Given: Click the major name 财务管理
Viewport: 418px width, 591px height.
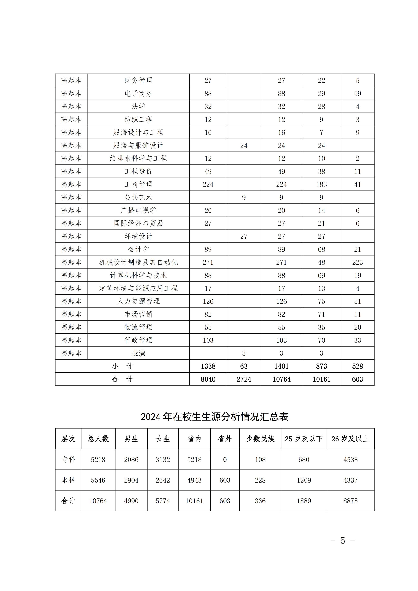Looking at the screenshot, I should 138,81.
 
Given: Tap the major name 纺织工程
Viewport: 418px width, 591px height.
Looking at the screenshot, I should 138,119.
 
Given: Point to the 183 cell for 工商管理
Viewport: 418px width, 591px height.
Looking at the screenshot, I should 321,184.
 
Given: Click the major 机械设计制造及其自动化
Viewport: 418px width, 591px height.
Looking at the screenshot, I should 138,262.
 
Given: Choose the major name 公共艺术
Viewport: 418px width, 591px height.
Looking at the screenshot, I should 138,197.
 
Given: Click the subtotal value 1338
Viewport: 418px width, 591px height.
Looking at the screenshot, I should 208,366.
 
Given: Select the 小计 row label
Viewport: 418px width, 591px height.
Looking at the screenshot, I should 122,366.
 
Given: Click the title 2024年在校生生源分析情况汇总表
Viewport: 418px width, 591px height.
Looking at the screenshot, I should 215,417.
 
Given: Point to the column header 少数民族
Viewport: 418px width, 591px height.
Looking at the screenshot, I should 260,439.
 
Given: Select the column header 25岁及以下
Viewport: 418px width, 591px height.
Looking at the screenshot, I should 304,439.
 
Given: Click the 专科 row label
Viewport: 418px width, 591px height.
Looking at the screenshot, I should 68,459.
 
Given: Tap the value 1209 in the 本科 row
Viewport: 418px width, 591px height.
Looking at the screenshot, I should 304,480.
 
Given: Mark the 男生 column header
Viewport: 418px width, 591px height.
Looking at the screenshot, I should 131,439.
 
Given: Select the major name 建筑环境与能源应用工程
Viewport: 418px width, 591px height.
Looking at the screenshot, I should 138,288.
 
